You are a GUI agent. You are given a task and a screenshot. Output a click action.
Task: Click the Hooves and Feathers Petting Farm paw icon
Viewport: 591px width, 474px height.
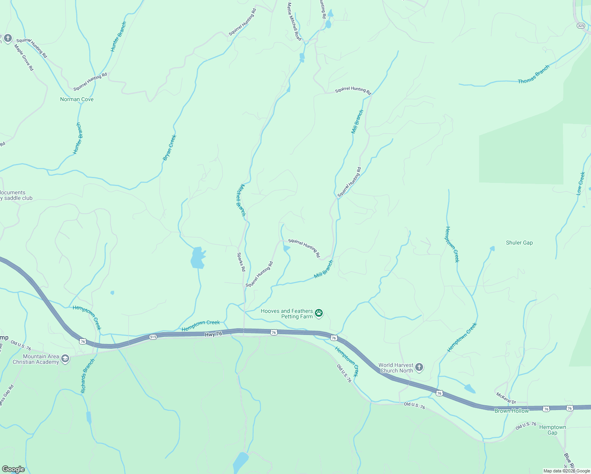point(319,314)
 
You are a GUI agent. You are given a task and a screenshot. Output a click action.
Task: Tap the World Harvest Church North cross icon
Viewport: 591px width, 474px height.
point(419,368)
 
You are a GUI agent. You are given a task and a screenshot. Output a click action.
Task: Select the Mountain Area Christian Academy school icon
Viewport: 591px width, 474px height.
point(65,359)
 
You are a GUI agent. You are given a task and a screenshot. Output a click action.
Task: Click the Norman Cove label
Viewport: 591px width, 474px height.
point(77,99)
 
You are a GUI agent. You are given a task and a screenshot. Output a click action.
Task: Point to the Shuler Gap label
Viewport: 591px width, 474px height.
point(519,243)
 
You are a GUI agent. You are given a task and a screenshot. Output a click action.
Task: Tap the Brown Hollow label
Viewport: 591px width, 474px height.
point(512,411)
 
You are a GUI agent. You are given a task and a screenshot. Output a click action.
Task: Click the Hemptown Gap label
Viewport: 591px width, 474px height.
point(552,430)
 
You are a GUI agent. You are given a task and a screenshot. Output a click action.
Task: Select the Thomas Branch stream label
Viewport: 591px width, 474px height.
point(533,74)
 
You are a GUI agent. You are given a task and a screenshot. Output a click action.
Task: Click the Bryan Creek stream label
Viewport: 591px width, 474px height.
point(169,148)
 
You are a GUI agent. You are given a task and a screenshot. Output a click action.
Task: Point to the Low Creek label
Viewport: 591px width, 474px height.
point(580,183)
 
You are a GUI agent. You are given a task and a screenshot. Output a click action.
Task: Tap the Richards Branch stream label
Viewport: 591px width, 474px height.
point(88,376)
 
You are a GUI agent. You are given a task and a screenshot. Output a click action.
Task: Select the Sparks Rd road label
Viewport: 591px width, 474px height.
point(241,262)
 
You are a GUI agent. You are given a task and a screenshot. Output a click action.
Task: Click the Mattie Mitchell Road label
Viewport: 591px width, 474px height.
point(294,21)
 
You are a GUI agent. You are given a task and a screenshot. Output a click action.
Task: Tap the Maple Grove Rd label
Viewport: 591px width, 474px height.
point(24,58)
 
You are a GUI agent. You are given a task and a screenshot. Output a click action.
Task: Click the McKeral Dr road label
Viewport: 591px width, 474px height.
point(506,398)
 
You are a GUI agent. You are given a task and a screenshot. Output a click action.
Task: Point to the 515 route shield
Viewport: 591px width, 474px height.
point(153,337)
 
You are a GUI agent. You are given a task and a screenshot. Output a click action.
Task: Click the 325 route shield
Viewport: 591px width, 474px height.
point(580,25)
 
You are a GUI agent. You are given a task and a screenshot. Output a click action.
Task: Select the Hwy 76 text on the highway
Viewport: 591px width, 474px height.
point(213,334)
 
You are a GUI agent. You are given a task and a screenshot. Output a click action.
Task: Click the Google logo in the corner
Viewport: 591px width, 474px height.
point(13,469)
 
